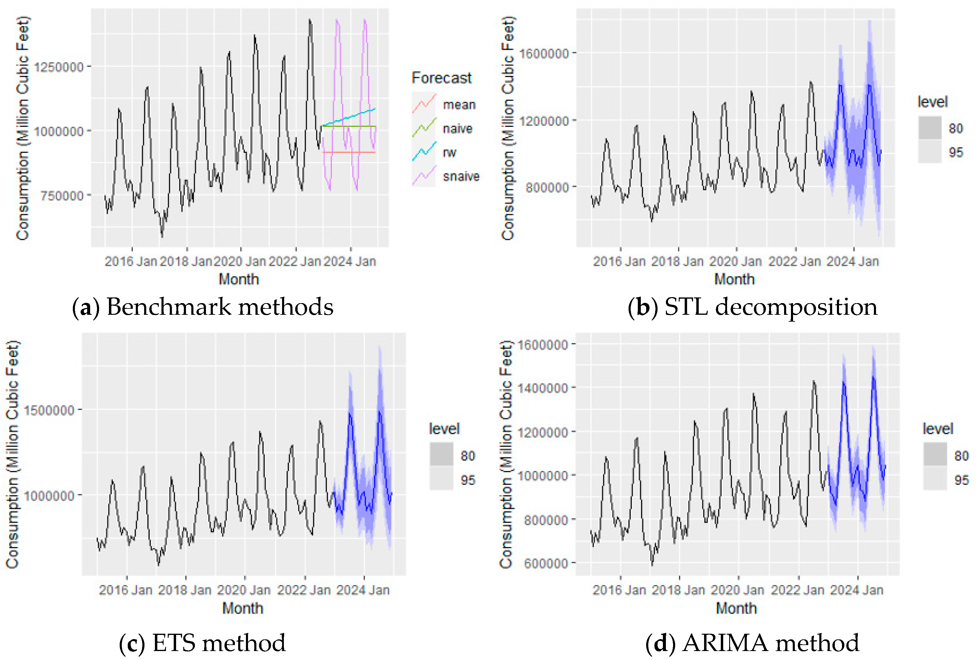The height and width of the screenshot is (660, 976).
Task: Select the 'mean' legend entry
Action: click(x=459, y=104)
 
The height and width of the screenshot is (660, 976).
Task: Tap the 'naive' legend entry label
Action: click(x=457, y=128)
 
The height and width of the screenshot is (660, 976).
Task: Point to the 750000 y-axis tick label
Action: click(x=62, y=196)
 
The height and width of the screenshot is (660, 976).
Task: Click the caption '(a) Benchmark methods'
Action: click(x=202, y=307)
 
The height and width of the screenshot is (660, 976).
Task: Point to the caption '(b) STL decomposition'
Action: click(x=752, y=307)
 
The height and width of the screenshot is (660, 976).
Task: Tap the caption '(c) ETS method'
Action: click(x=202, y=643)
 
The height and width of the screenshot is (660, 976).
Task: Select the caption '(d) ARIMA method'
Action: click(x=752, y=643)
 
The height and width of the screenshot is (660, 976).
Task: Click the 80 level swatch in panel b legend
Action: click(x=929, y=128)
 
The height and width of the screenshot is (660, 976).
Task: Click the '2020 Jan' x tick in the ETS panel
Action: click(x=244, y=590)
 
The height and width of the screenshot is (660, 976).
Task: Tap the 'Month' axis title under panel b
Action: click(x=734, y=279)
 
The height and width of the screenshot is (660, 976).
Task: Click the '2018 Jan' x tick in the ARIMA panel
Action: click(x=678, y=590)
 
